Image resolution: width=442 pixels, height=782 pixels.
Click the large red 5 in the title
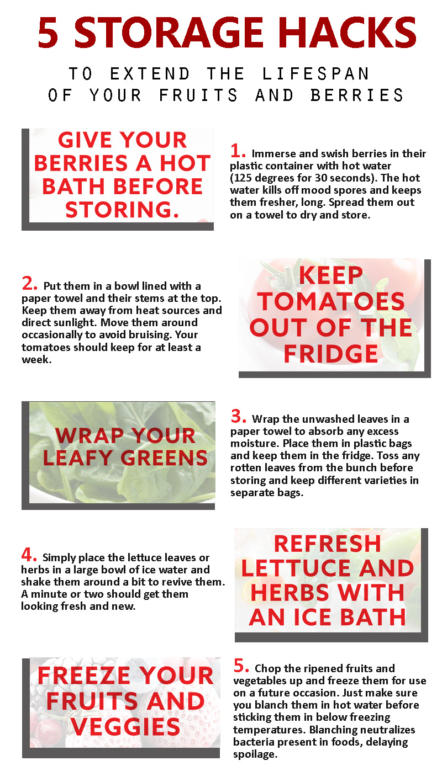tap(48, 33)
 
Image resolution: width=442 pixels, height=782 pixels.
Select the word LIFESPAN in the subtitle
tap(315, 73)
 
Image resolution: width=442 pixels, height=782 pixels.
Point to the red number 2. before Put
tap(29, 283)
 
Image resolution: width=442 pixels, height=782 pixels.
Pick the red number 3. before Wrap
tap(238, 416)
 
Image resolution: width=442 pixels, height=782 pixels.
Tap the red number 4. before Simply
tap(29, 555)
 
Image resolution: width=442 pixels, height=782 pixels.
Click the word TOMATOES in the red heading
tap(331, 301)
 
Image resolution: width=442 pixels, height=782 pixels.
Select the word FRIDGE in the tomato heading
tap(331, 354)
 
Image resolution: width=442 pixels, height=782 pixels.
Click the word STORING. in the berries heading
tap(122, 210)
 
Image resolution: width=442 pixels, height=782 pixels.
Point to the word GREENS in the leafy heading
tap(164, 458)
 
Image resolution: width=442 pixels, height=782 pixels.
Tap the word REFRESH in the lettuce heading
tap(328, 544)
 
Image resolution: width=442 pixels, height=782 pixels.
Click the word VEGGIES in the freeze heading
tap(125, 727)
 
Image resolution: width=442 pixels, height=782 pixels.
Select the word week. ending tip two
tap(36, 359)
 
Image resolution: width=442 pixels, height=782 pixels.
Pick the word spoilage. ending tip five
tap(255, 754)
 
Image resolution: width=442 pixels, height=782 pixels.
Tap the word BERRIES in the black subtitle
tap(357, 95)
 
